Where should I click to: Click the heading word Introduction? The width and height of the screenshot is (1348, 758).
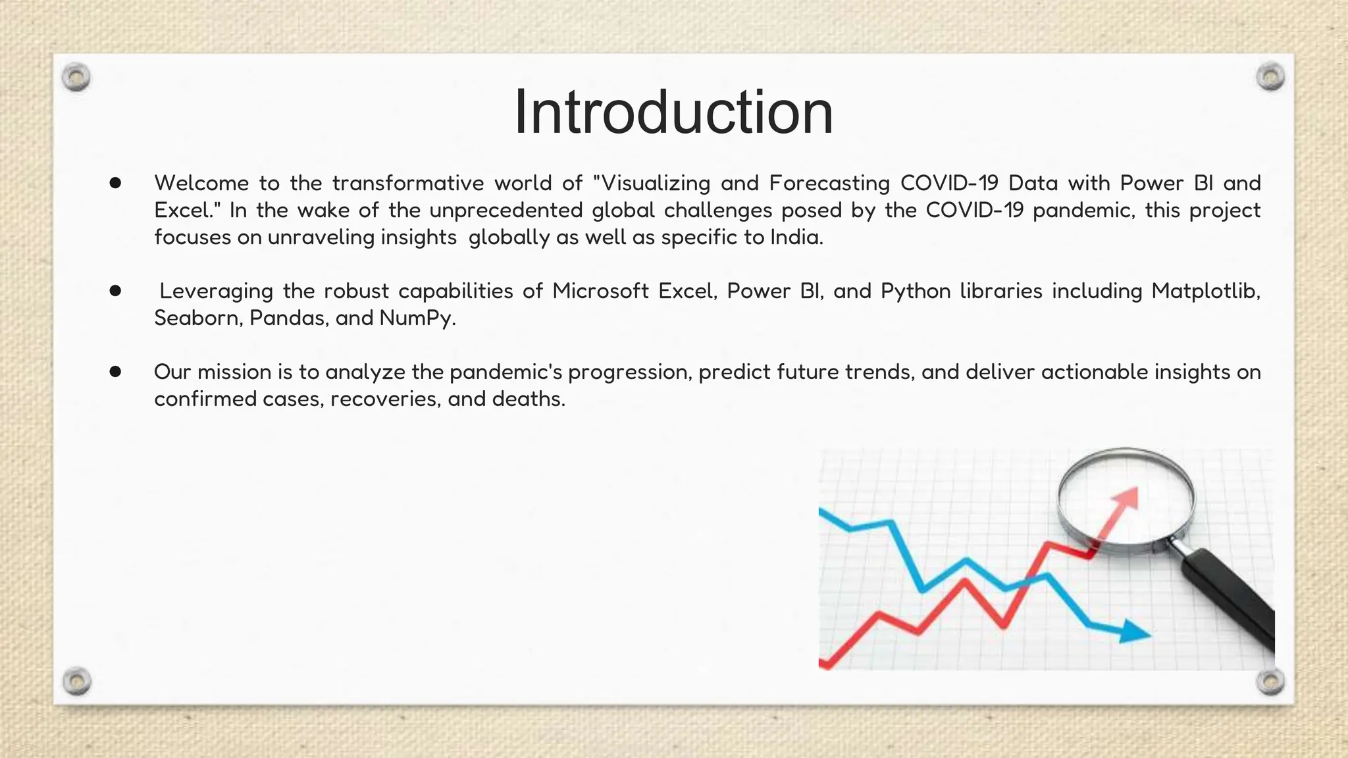point(673,113)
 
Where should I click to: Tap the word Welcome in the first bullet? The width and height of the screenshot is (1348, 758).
point(201,183)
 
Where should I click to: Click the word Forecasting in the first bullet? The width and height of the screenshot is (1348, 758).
point(829,183)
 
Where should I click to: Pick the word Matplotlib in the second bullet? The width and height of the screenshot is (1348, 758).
point(1205,291)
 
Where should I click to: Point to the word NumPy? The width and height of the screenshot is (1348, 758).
point(416,318)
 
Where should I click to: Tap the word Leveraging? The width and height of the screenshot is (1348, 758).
point(216,291)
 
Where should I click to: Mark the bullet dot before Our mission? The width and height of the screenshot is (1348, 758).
point(116,372)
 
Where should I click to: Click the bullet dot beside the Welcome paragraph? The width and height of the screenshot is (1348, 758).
point(116,183)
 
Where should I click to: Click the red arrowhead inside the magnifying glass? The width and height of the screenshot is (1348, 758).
point(1128,498)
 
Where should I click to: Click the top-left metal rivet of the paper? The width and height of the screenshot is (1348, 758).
point(76,78)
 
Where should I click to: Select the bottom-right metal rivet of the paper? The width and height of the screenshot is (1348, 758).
point(1270,682)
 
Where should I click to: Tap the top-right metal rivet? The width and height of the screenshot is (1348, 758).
point(1270,78)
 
